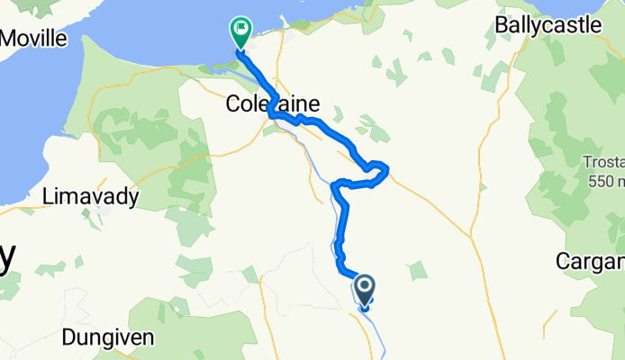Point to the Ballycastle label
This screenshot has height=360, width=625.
[548, 24]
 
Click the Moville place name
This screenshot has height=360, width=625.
[34, 38]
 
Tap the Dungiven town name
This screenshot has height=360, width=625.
[109, 338]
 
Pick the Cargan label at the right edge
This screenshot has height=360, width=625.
[591, 262]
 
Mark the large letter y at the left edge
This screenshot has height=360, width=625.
[7, 259]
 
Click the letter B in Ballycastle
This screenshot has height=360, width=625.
[502, 24]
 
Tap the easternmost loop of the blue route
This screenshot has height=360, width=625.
[380, 168]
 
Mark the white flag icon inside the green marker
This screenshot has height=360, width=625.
[241, 29]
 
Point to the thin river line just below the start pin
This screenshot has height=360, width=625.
[369, 315]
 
